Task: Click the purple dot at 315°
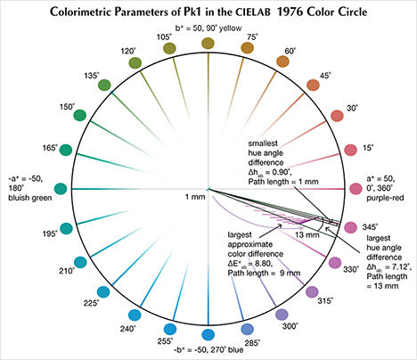(x=311, y=292)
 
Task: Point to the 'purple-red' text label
(x=388, y=198)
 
